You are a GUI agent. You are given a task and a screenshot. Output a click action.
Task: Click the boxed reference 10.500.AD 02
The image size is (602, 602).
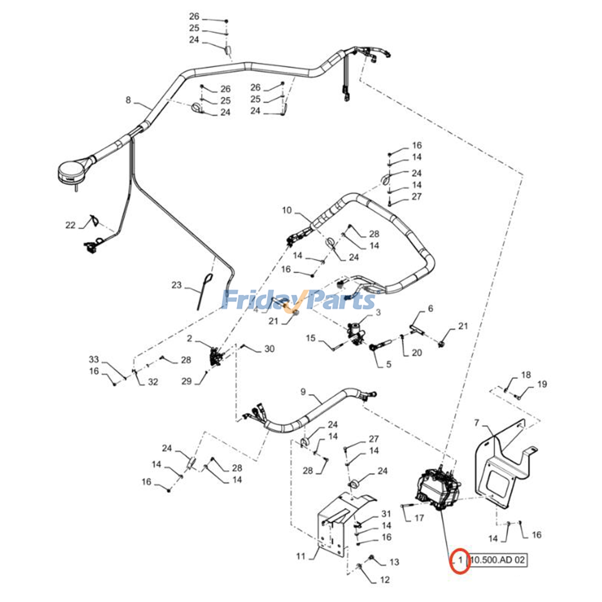click(497, 560)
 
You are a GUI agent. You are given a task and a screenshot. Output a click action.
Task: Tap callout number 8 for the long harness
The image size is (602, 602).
click(128, 100)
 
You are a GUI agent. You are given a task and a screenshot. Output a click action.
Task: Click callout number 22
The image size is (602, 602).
click(70, 225)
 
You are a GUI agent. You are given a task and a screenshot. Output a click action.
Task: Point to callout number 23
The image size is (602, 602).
click(176, 285)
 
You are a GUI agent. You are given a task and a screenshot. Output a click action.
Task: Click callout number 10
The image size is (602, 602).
click(287, 210)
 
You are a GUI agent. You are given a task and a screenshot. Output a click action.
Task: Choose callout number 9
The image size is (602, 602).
click(303, 392)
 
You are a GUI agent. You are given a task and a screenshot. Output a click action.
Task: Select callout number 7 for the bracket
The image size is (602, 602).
click(477, 423)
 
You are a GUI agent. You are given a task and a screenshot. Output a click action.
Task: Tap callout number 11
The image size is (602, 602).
click(301, 556)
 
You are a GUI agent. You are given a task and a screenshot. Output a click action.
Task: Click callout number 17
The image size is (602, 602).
click(419, 518)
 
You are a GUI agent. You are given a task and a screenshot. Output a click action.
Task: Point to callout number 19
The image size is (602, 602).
click(542, 384)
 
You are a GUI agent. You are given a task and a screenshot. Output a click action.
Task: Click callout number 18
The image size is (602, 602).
click(526, 374)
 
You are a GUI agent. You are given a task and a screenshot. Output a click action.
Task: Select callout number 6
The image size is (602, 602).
click(430, 309)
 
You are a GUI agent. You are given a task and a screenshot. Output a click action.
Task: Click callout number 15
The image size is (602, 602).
click(310, 338)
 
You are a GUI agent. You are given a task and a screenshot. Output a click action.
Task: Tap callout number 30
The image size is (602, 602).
click(269, 349)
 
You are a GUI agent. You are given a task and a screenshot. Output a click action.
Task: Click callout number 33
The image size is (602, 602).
click(94, 359)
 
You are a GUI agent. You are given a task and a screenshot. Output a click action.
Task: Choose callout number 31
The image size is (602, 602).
click(386, 514)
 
